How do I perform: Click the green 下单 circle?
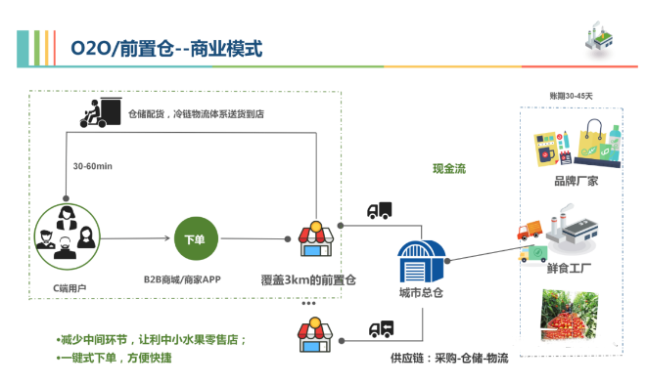click(196, 240)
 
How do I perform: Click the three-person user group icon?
click(65, 237)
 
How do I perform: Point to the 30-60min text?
click(93, 166)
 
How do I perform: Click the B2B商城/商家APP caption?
click(182, 280)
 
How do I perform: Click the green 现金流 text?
click(449, 168)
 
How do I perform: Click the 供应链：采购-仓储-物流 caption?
click(449, 359)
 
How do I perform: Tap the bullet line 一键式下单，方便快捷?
click(115, 358)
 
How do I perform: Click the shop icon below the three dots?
click(311, 334)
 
